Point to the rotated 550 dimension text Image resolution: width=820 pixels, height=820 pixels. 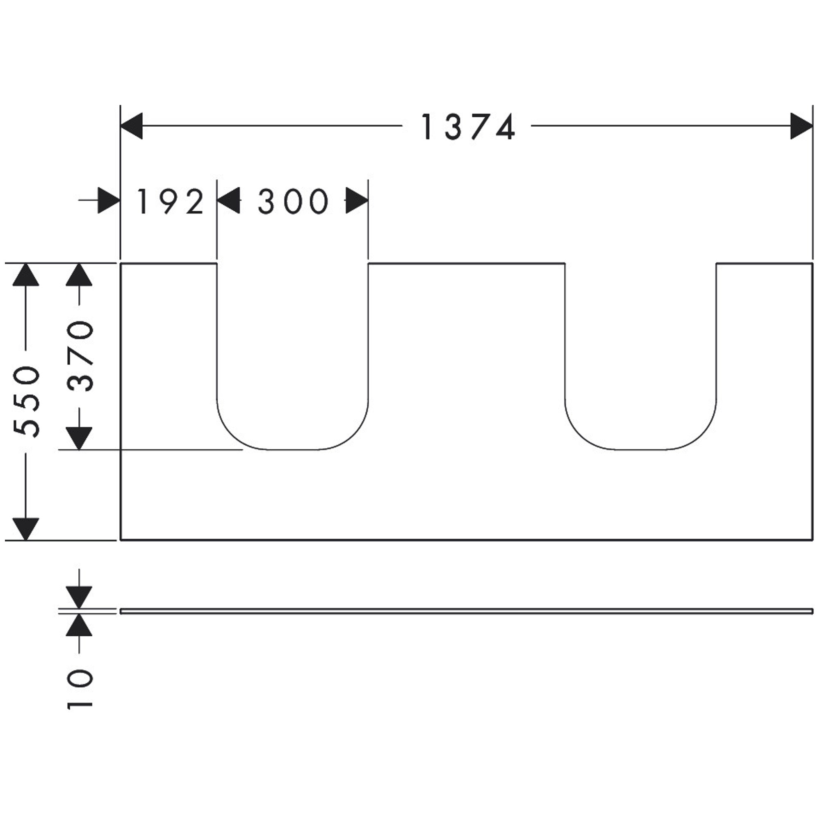pyautogui.click(x=26, y=401)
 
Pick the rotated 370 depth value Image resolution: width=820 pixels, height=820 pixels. pyautogui.click(x=80, y=356)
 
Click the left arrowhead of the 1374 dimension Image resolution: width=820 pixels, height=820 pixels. pyautogui.click(x=132, y=125)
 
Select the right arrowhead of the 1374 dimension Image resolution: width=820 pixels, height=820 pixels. pyautogui.click(x=801, y=125)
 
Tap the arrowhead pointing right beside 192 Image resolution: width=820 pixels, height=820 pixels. pyautogui.click(x=109, y=200)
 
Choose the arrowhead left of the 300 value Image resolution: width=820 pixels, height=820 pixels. pyautogui.click(x=228, y=200)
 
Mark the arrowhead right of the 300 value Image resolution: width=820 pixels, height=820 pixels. pyautogui.click(x=357, y=200)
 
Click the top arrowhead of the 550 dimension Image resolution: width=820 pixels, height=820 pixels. pyautogui.click(x=26, y=275)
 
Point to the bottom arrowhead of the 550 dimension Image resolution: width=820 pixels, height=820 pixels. pyautogui.click(x=26, y=529)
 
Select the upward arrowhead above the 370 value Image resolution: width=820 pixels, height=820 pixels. pyautogui.click(x=79, y=275)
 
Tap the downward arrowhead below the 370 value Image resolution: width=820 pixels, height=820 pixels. pyautogui.click(x=79, y=439)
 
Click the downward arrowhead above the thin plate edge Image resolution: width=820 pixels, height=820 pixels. pyautogui.click(x=79, y=598)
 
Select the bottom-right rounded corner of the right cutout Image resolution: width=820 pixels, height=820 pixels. pyautogui.click(x=702, y=435)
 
